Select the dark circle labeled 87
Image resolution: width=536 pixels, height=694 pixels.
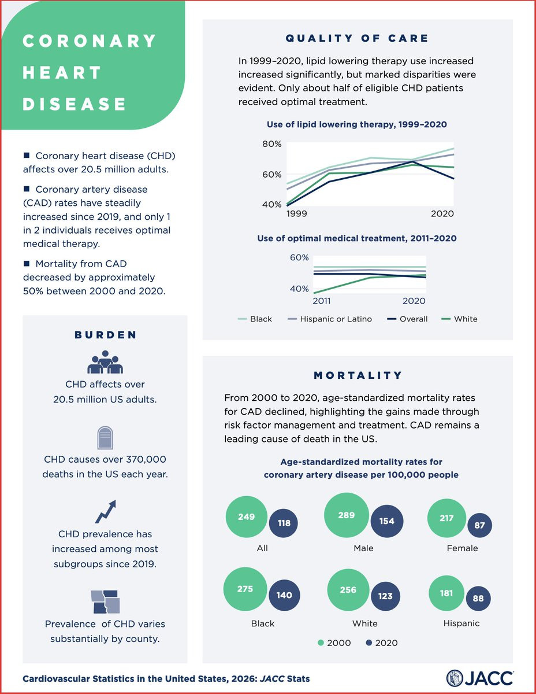tap(480, 525)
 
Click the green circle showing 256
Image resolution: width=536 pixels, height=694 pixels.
tap(348, 590)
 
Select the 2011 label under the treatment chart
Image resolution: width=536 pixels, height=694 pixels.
tap(322, 301)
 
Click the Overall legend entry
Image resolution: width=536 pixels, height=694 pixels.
tap(413, 319)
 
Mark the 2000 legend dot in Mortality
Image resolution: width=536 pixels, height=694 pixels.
tap(322, 643)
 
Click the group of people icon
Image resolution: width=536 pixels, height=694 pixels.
tap(105, 362)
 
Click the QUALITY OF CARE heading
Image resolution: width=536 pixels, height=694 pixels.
tap(358, 39)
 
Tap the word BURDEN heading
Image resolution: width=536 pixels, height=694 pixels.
tap(105, 335)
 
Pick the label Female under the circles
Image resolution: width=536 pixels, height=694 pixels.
tap(462, 548)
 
